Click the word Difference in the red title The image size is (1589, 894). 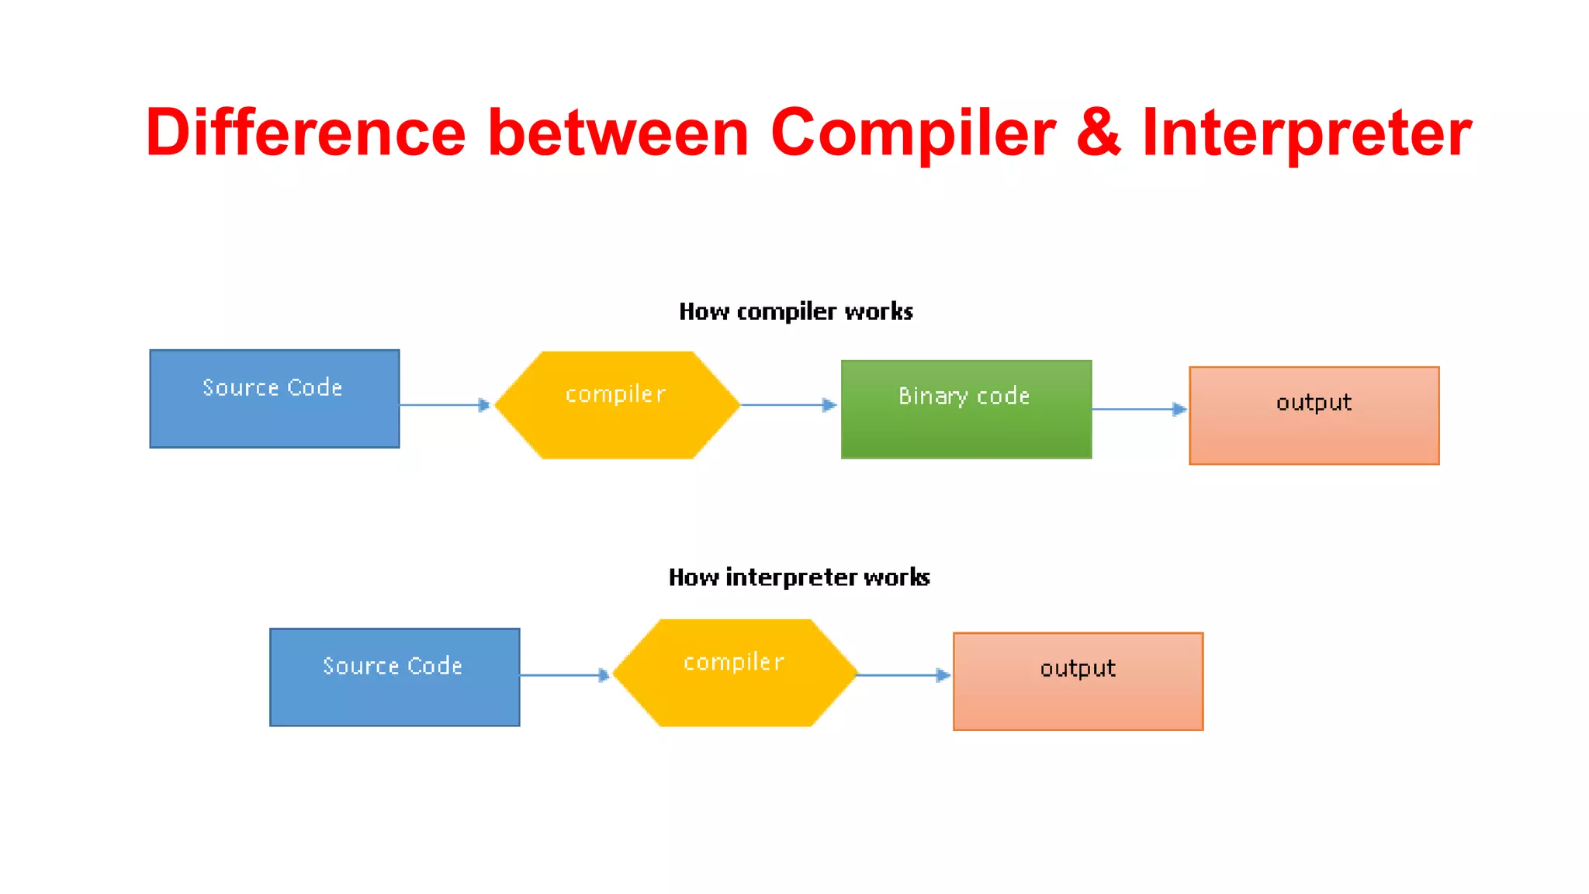(x=305, y=133)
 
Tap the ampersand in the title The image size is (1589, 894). (x=1098, y=133)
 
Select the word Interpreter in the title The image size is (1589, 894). (x=1307, y=133)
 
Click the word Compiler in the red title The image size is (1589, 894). (x=912, y=133)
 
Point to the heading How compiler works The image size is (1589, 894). (x=795, y=312)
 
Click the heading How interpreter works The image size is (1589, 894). (x=798, y=577)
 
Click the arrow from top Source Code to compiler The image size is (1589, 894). (x=445, y=405)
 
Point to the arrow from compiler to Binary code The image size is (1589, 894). (x=788, y=405)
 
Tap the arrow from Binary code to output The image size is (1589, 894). (x=1139, y=409)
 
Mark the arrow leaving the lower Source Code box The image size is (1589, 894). (x=565, y=675)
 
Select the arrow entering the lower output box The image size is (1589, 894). (x=904, y=675)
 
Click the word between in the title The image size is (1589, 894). (x=618, y=133)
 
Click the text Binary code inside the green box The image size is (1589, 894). (x=964, y=396)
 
